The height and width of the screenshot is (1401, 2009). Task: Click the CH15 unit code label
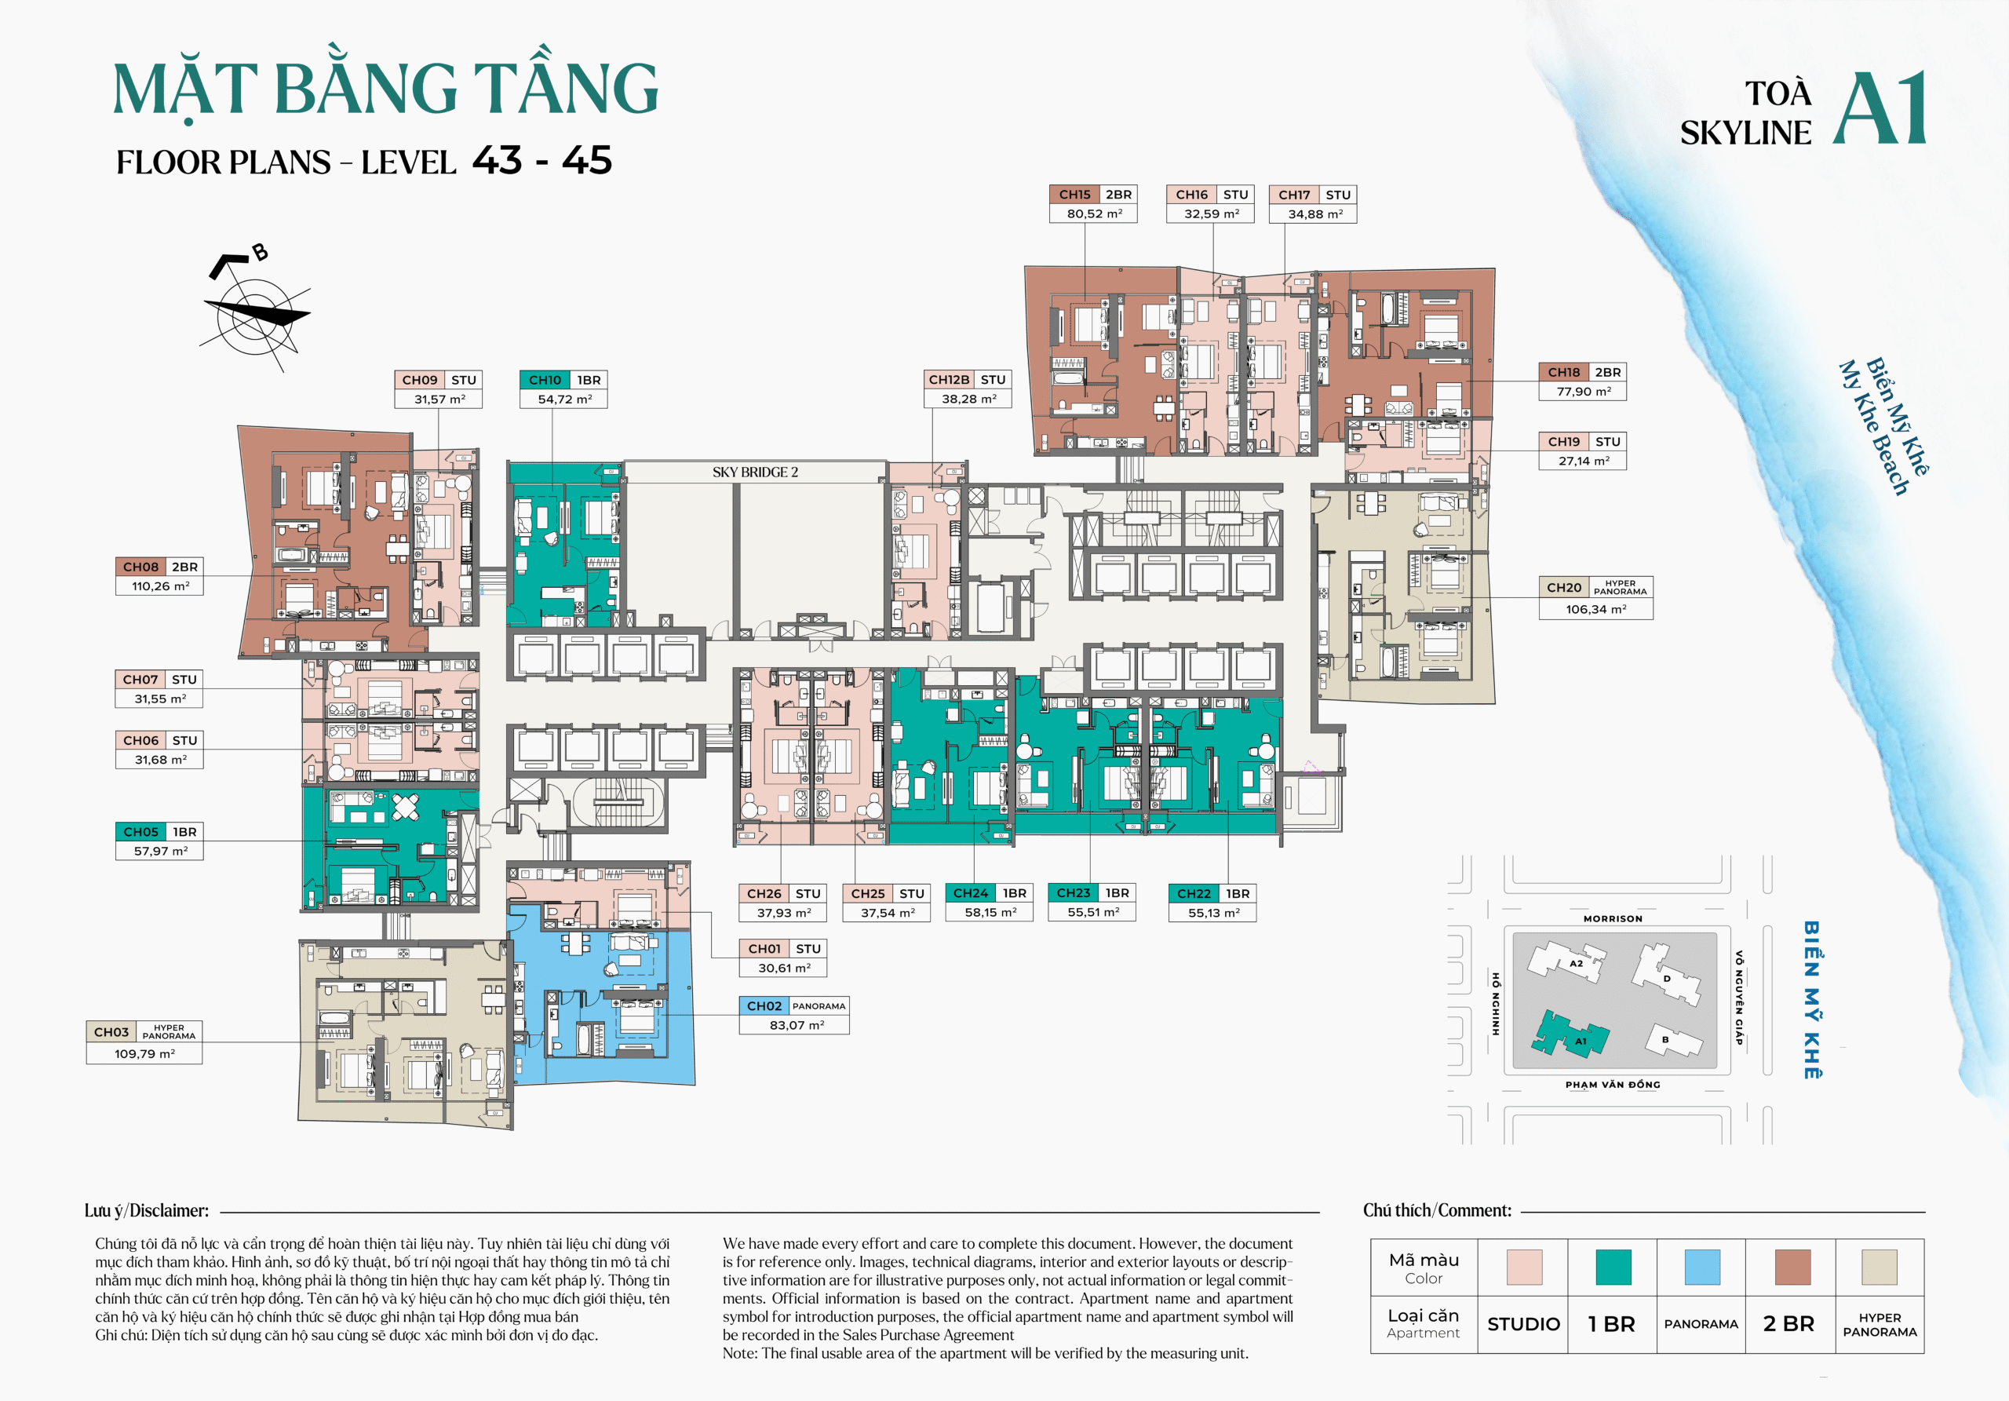pos(1074,195)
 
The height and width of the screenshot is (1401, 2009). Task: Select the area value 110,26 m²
pos(160,586)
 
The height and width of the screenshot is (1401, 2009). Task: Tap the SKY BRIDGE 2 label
pos(755,472)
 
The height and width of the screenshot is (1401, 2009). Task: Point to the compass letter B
pos(260,253)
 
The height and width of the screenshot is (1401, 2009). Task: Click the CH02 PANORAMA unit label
pos(793,1006)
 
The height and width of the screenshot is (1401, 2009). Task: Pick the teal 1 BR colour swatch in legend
pos(1613,1266)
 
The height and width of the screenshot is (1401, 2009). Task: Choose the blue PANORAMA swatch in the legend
pos(1702,1266)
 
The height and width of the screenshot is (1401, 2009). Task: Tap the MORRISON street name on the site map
pos(1613,919)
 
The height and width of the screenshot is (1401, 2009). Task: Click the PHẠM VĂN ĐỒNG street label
pos(1613,1085)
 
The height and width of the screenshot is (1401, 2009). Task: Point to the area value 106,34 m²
pos(1596,609)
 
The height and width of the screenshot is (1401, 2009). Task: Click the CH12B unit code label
pos(949,380)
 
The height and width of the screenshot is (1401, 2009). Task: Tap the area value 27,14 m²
pos(1583,462)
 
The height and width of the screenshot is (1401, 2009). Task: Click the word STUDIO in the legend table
pos(1523,1324)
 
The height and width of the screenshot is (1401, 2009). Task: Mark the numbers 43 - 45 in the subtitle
pos(541,161)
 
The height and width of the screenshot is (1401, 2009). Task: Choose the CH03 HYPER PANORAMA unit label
pos(144,1032)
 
